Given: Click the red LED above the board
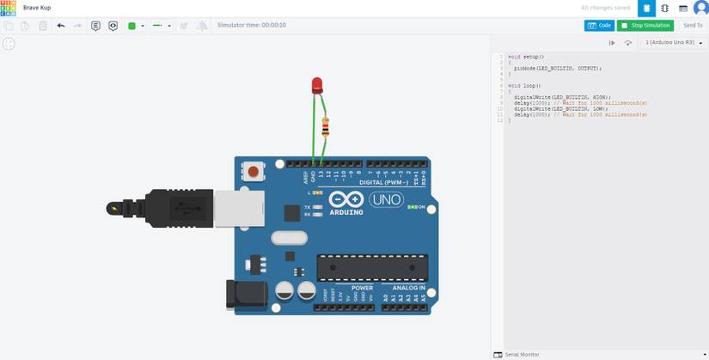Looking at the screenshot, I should (x=317, y=84).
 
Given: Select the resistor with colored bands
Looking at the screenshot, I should (x=325, y=128).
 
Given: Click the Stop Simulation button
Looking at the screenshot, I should (x=645, y=26).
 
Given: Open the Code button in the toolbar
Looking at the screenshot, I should (x=599, y=26).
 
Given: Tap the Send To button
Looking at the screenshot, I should (x=693, y=26).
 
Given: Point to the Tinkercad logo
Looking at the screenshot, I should (x=8, y=8).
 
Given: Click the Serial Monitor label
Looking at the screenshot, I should (x=522, y=354).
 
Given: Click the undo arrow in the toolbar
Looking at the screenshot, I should (x=60, y=26).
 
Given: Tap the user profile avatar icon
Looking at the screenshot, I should (x=700, y=9).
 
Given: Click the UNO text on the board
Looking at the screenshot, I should (x=386, y=199).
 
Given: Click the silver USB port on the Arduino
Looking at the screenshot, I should (x=232, y=209).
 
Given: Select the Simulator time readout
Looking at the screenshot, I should (x=252, y=26).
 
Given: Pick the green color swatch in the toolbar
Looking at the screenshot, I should (x=131, y=26).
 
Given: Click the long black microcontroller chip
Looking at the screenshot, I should (x=371, y=267).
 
